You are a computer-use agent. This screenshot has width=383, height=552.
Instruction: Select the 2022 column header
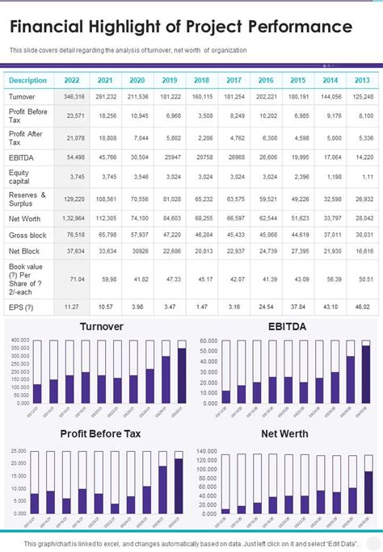click(x=71, y=81)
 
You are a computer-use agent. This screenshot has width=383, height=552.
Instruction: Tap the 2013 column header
click(x=362, y=81)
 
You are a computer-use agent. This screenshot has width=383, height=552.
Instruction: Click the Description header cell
click(x=27, y=81)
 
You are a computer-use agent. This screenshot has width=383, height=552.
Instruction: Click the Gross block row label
click(x=27, y=234)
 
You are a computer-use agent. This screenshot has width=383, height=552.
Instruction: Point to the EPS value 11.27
click(x=71, y=307)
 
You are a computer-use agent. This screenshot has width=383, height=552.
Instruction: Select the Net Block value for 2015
click(x=299, y=252)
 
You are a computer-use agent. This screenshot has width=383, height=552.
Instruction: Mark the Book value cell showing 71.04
click(x=77, y=278)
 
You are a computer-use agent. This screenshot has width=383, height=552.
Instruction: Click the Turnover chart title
click(x=101, y=327)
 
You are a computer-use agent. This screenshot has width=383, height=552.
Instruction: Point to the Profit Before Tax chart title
click(x=101, y=433)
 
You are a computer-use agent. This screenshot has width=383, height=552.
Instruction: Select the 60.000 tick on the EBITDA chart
click(x=208, y=340)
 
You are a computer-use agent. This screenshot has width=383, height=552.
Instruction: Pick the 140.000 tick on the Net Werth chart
click(x=207, y=450)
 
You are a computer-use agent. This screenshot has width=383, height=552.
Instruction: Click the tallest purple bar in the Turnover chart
click(x=181, y=376)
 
